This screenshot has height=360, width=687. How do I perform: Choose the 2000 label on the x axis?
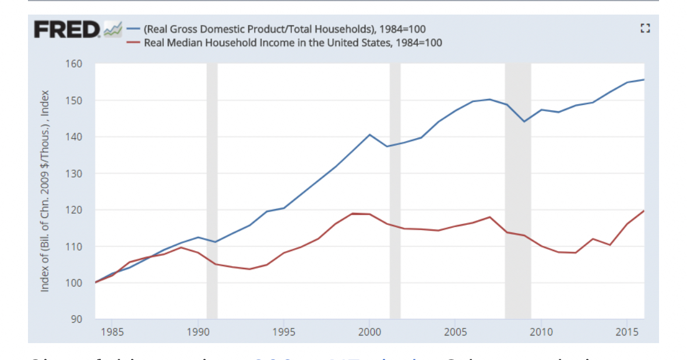point(369,333)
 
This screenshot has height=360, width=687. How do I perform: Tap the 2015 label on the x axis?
point(626,333)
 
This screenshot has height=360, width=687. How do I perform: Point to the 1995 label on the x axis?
point(284,333)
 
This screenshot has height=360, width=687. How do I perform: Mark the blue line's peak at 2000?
point(369,135)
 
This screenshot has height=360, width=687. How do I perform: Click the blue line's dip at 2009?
point(524,121)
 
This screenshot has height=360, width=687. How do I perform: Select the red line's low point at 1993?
point(249,269)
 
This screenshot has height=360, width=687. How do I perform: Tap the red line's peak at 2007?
point(489,217)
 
